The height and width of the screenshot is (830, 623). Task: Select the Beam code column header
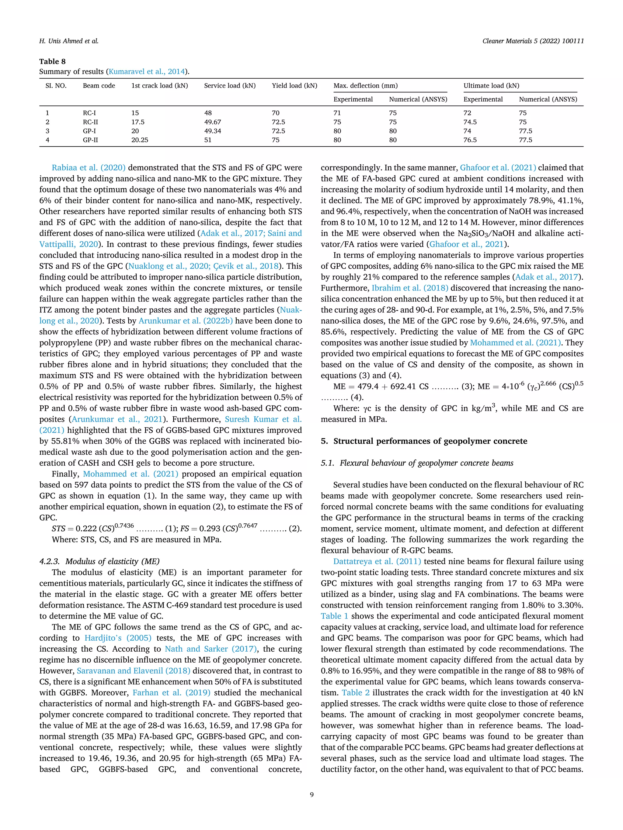tap(99, 85)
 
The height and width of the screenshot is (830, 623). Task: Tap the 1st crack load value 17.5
tap(137, 122)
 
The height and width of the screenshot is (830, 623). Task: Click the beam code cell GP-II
tap(91, 140)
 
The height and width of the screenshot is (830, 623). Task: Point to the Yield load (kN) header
tap(294, 85)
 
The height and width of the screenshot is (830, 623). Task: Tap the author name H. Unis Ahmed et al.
tap(69, 41)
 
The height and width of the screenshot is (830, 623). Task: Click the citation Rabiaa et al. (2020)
tap(89, 168)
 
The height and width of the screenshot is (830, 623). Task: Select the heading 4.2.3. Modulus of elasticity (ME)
tap(99, 561)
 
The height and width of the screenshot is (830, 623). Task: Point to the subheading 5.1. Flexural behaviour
tap(417, 463)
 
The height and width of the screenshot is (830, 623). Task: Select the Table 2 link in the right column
tap(355, 693)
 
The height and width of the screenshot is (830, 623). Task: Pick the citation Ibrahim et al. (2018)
tap(410, 288)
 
